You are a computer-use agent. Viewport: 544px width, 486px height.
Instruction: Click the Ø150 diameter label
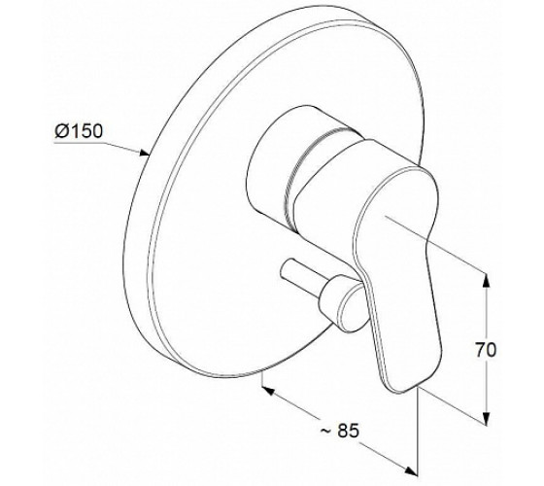pyautogui.click(x=79, y=131)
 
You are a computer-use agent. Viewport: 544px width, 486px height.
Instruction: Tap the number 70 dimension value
pyautogui.click(x=486, y=350)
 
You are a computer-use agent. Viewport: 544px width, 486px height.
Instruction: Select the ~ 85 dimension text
pyautogui.click(x=339, y=431)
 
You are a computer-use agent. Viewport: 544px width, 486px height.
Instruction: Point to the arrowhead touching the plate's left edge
pyautogui.click(x=144, y=153)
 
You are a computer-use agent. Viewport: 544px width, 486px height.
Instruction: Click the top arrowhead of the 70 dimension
pyautogui.click(x=487, y=280)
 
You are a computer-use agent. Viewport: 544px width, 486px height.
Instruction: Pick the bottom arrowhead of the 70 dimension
pyautogui.click(x=487, y=415)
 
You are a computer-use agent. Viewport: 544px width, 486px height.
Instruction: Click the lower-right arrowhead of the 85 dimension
pyautogui.click(x=410, y=469)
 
